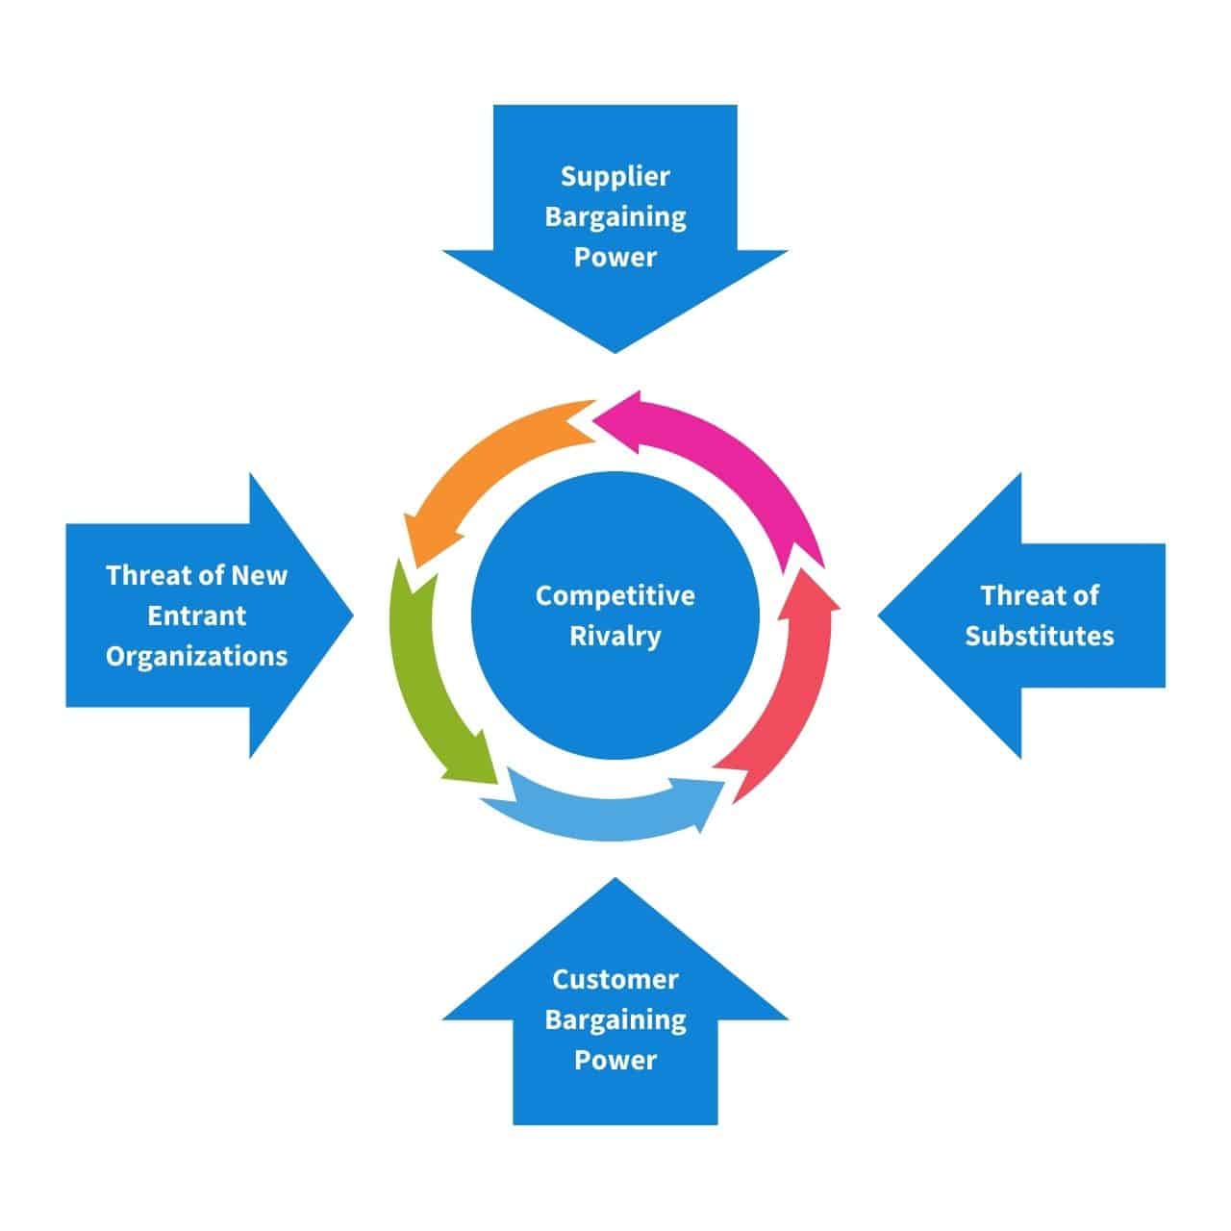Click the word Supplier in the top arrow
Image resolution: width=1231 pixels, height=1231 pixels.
pyautogui.click(x=615, y=177)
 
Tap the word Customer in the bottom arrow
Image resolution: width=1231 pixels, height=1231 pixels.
pyautogui.click(x=615, y=980)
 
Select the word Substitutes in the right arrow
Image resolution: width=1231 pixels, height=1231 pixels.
pyautogui.click(x=1039, y=636)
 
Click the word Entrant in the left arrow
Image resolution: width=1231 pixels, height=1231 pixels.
pyautogui.click(x=196, y=615)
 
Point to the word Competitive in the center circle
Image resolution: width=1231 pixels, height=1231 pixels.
pyautogui.click(x=615, y=595)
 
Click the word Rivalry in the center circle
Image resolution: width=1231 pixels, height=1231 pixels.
pyautogui.click(x=615, y=636)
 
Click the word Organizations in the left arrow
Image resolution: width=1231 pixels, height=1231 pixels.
pyautogui.click(x=196, y=656)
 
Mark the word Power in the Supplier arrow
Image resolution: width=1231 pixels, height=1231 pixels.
pyautogui.click(x=615, y=258)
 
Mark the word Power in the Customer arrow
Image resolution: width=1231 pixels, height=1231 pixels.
pyautogui.click(x=615, y=1061)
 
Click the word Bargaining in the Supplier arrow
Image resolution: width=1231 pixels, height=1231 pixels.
pyautogui.click(x=615, y=217)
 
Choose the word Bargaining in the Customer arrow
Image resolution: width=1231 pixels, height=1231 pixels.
pyautogui.click(x=615, y=1020)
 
